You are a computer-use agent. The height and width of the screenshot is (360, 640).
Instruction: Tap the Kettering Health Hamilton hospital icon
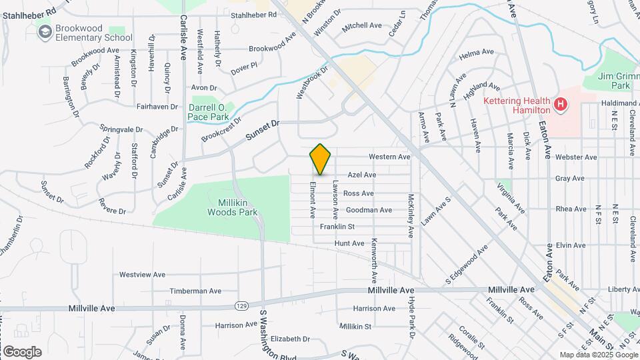pos(561,104)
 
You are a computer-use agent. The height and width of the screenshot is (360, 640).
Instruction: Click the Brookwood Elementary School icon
pos(45,31)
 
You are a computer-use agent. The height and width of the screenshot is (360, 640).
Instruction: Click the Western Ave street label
pos(390,157)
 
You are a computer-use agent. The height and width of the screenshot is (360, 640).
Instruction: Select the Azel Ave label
pos(362,175)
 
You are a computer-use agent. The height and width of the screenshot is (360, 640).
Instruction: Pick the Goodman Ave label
pos(369,210)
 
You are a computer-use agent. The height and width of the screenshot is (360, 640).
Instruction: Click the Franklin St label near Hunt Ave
pos(337,227)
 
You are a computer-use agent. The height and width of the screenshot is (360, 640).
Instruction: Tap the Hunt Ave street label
pos(349,244)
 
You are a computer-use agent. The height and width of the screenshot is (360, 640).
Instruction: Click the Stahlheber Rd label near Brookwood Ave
pos(253,15)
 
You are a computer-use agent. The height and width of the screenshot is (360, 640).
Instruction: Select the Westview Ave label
pos(142,274)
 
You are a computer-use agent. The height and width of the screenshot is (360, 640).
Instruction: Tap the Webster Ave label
pos(575,157)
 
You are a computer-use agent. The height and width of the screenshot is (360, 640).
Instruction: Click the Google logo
pos(22,351)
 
